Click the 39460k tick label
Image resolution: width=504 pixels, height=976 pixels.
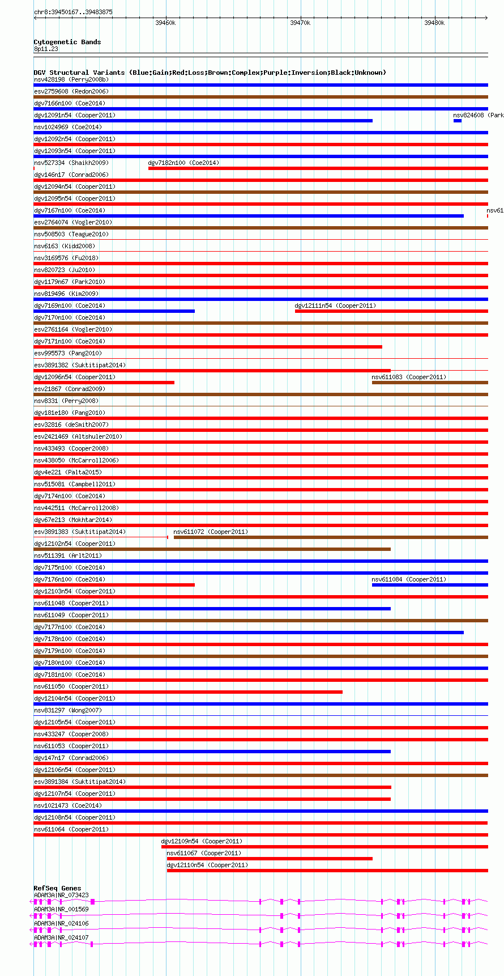(165, 23)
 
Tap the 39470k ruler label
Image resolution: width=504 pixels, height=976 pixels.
(300, 23)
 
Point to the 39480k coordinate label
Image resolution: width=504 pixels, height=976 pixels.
(434, 23)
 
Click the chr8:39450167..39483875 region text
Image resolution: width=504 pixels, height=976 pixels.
(73, 12)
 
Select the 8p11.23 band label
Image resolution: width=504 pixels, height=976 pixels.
(46, 49)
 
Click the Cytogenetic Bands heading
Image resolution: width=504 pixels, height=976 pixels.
(67, 42)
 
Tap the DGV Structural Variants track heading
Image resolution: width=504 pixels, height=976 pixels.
(210, 73)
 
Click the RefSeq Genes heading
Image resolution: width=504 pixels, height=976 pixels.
(57, 888)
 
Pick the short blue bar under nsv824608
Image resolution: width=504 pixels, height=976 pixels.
(458, 121)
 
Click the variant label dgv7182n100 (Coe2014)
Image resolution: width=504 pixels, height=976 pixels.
(183, 163)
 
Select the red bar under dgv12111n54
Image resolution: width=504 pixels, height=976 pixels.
(391, 311)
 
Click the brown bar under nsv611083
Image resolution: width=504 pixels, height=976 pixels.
(430, 383)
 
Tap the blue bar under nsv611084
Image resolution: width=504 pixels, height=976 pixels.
(430, 585)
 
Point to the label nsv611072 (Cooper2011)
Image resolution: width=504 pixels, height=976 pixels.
(211, 532)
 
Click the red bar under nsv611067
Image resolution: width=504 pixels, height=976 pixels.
(270, 859)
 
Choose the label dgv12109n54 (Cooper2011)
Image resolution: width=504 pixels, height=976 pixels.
(202, 841)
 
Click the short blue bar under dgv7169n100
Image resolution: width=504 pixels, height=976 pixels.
(114, 311)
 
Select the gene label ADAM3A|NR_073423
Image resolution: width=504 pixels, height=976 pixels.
(61, 896)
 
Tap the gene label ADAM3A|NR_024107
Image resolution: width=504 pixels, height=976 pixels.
(61, 937)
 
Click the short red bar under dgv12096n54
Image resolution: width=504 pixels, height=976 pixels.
(104, 383)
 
